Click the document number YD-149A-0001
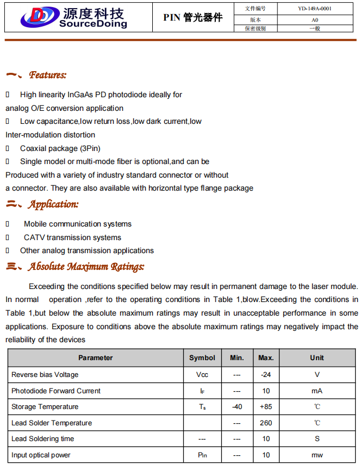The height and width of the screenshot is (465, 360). click(315, 9)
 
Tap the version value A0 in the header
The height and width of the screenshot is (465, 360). click(315, 20)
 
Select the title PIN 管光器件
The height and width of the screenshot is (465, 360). click(193, 17)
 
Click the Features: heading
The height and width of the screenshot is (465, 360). click(48, 75)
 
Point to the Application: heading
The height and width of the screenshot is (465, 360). click(53, 204)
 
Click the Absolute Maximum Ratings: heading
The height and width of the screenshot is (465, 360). click(86, 267)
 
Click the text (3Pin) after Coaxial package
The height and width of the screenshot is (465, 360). click(90, 148)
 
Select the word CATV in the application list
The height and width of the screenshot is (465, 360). click(34, 237)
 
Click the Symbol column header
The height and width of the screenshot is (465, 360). click(202, 358)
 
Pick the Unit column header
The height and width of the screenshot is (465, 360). click(317, 358)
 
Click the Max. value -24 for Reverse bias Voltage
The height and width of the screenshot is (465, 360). click(266, 375)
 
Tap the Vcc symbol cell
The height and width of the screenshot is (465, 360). click(202, 375)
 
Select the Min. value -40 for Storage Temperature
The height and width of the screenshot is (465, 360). click(237, 407)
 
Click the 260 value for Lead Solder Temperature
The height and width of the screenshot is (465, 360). click(266, 423)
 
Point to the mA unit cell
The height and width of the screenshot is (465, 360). click(317, 391)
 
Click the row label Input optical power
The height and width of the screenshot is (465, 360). click(41, 455)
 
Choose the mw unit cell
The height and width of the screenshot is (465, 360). click(317, 455)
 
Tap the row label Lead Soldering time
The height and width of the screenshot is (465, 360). click(42, 439)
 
